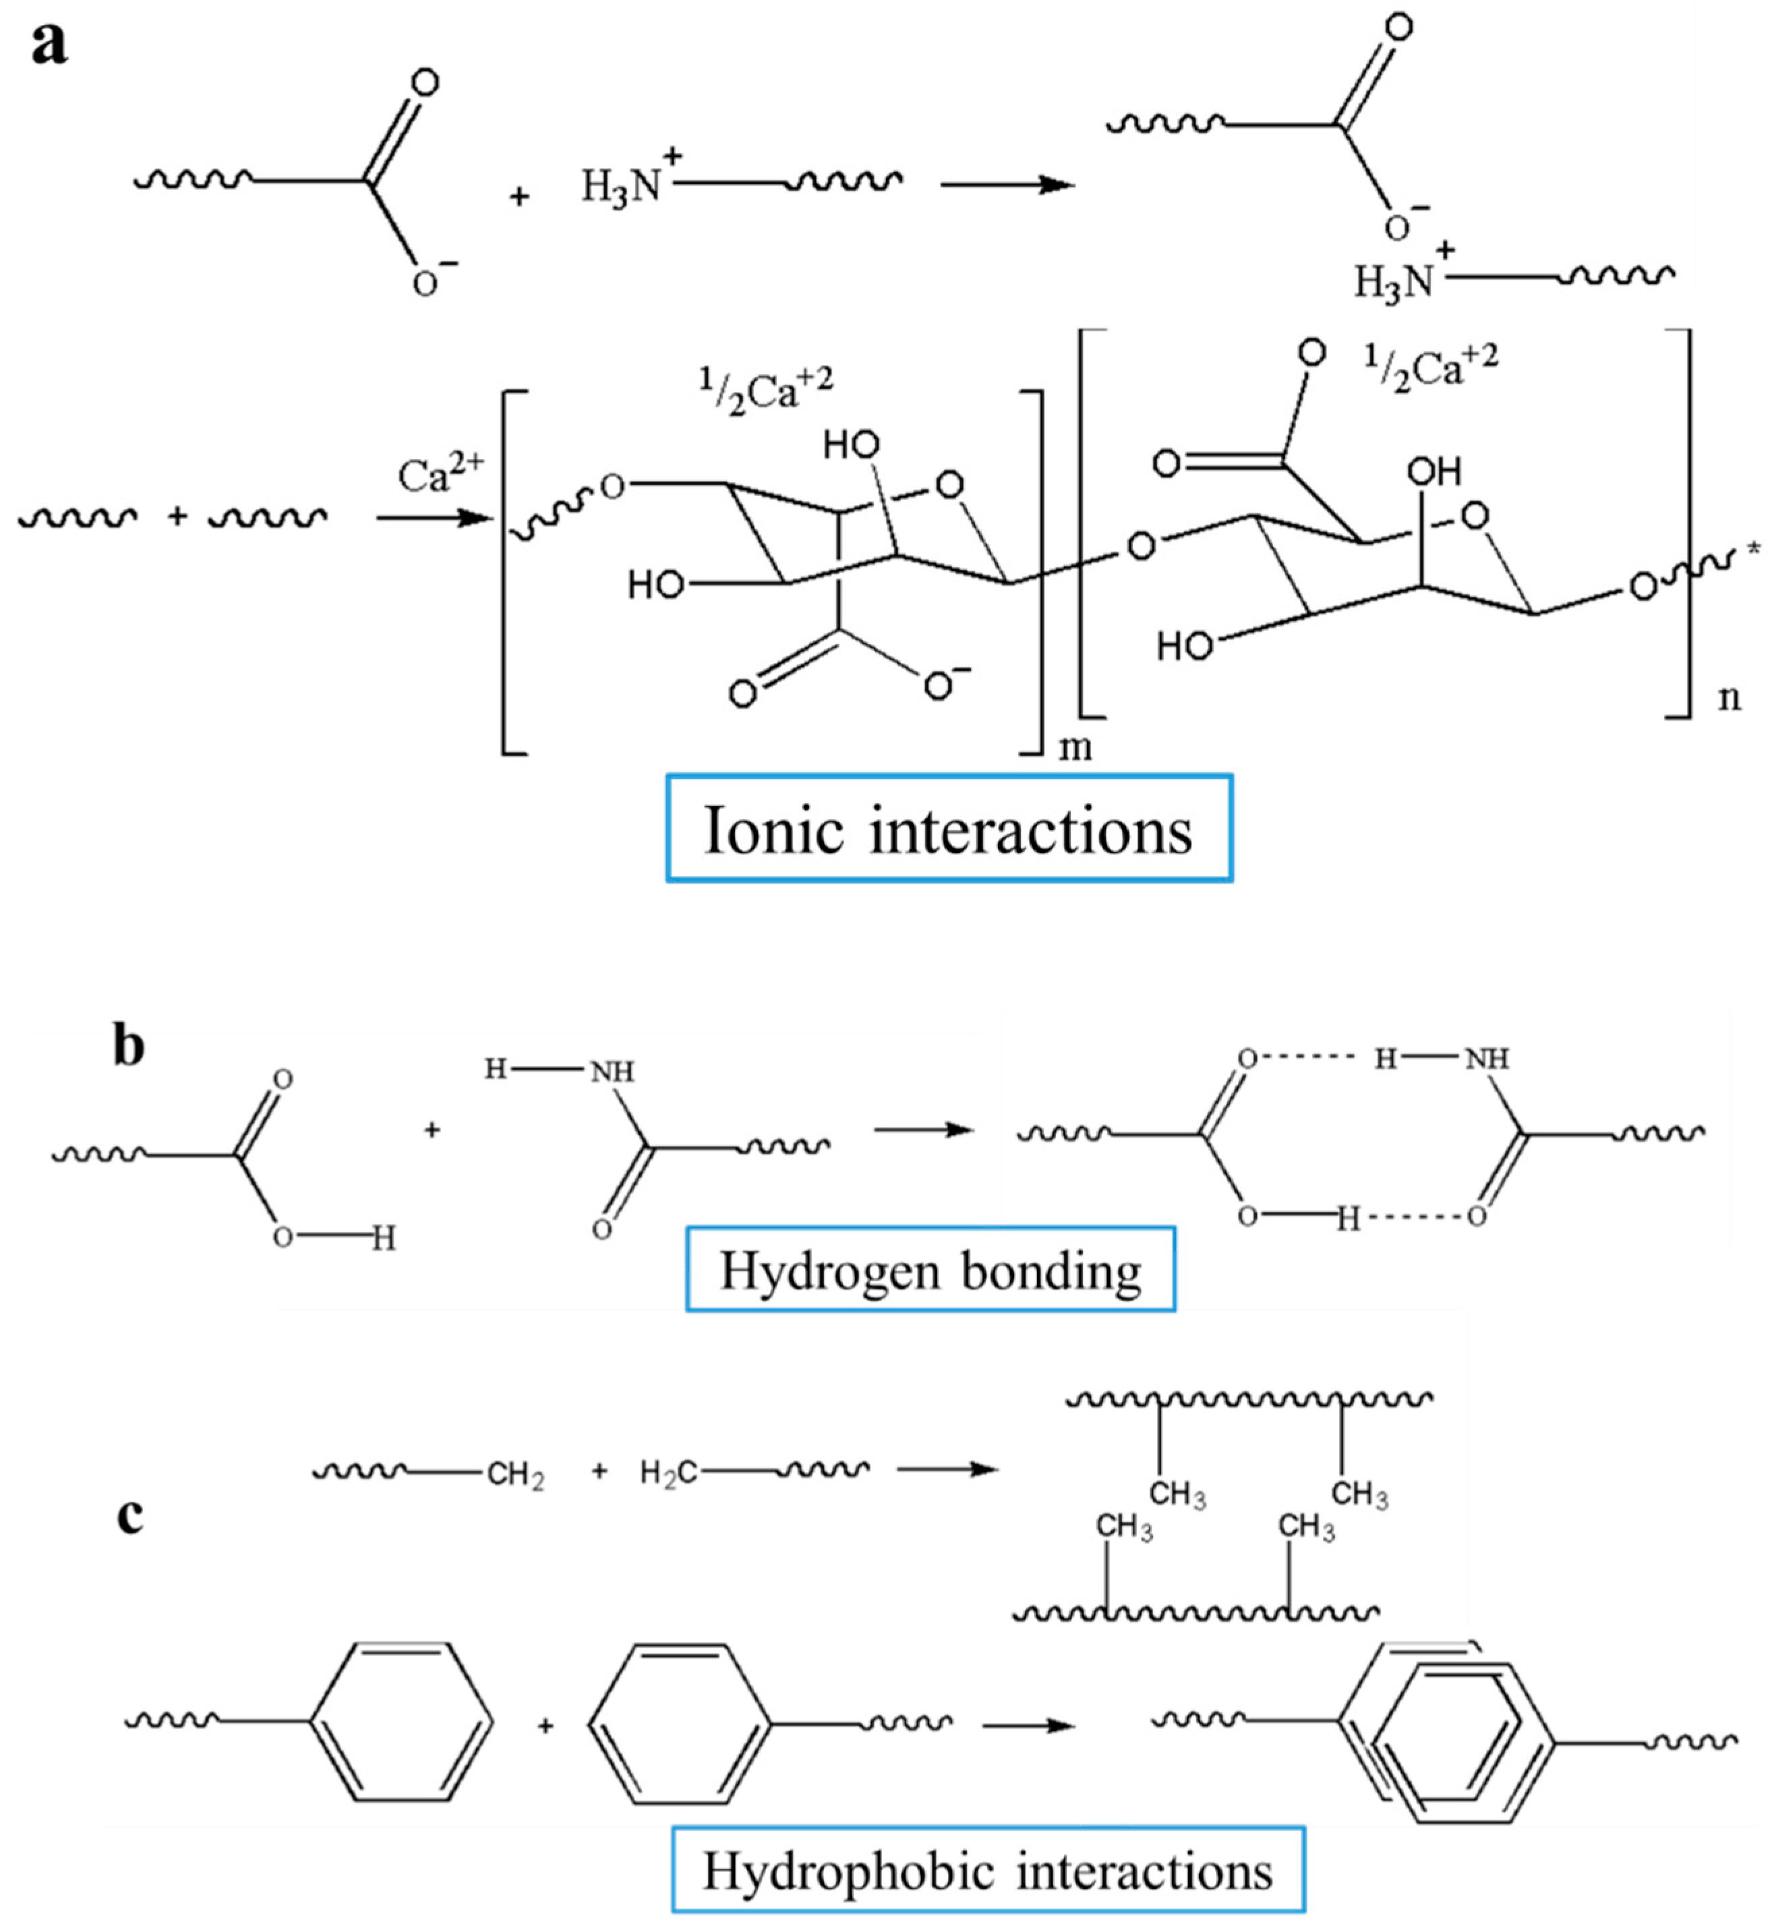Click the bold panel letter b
coord(129,1046)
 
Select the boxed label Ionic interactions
coord(949,829)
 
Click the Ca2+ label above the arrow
coord(440,473)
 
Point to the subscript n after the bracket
coord(1729,698)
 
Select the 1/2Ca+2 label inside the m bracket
coord(765,389)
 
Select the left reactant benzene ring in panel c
coord(401,1722)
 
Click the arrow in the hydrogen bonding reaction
coord(924,1130)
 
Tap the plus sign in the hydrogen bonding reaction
coord(432,1130)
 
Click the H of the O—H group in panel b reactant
coord(383,1239)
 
